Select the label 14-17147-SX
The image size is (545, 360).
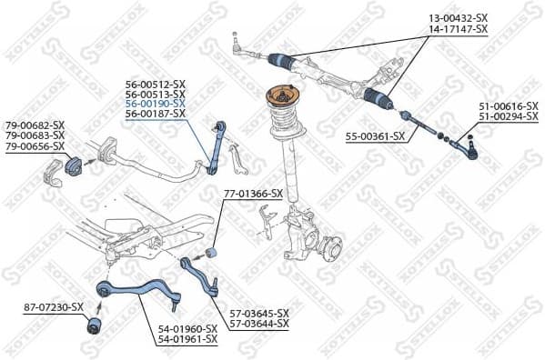click(x=457, y=29)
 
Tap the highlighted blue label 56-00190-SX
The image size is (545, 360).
click(x=155, y=104)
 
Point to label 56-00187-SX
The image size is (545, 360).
click(x=155, y=114)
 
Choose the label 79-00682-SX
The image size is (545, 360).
click(x=35, y=125)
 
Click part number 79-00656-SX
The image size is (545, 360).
click(x=35, y=145)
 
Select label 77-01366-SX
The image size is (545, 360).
click(x=253, y=194)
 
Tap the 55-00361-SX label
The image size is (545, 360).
click(x=374, y=135)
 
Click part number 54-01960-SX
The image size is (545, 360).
click(x=187, y=328)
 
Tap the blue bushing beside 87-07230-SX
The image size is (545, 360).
click(x=95, y=325)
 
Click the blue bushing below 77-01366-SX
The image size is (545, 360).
click(x=213, y=252)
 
